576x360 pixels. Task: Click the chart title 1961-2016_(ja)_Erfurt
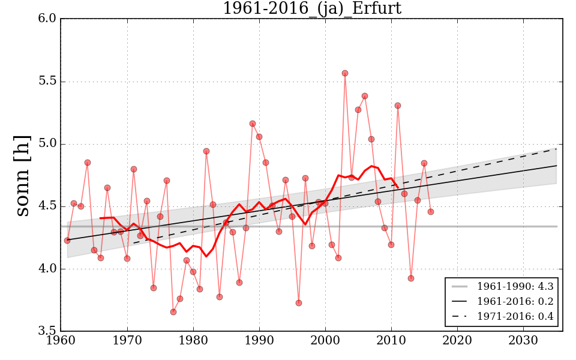(x=311, y=8)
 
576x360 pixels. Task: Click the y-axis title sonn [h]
(x=22, y=175)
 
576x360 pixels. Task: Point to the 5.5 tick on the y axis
(x=47, y=82)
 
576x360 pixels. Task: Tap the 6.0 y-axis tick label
(x=47, y=19)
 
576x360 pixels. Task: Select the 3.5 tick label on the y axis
(x=47, y=331)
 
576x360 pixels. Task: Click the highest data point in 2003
(x=345, y=73)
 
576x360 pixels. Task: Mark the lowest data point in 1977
(x=173, y=312)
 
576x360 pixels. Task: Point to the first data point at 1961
(x=67, y=241)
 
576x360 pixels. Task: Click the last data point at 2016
(x=431, y=212)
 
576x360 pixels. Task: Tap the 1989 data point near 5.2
(x=253, y=124)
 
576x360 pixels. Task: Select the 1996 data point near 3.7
(x=299, y=303)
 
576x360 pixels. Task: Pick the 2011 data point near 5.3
(x=398, y=106)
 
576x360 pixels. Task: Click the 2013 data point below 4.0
(x=411, y=278)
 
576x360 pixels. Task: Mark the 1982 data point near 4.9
(x=206, y=151)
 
